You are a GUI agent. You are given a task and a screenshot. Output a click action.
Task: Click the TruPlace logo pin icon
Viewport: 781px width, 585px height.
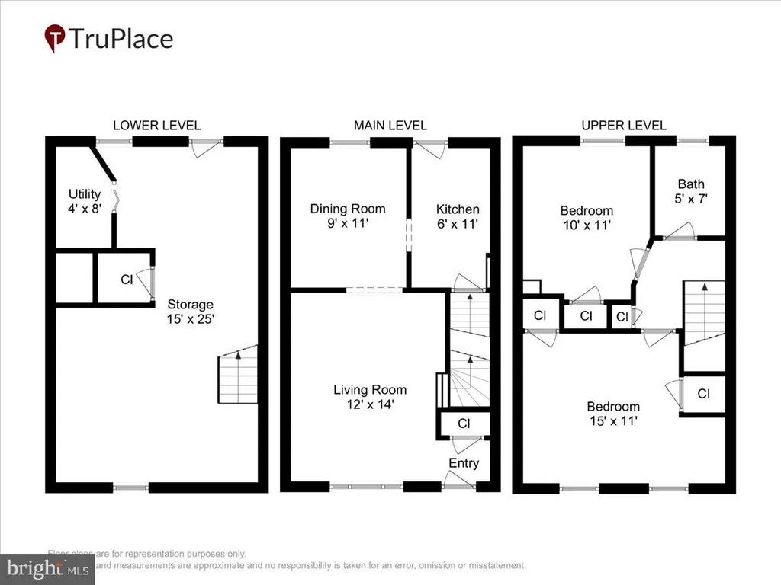(x=54, y=38)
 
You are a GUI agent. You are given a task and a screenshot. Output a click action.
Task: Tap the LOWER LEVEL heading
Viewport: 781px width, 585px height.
(x=156, y=126)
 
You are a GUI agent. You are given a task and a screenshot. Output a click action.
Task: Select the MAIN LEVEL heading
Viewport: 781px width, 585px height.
(x=390, y=126)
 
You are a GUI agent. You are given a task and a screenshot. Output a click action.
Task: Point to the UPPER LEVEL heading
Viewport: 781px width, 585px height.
(x=623, y=126)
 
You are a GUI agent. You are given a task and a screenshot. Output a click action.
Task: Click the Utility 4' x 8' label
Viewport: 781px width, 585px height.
(x=85, y=200)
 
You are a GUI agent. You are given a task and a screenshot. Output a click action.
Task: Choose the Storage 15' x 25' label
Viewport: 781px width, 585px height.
(x=191, y=312)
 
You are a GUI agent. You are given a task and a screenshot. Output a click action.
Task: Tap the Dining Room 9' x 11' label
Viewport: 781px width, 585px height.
(x=347, y=216)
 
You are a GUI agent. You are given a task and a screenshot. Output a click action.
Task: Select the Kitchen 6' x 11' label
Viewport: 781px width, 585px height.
(x=458, y=216)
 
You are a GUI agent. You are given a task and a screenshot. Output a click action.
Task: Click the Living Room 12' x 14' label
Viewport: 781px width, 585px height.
(x=370, y=397)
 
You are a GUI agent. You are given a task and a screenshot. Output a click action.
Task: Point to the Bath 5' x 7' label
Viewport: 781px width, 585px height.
(x=691, y=190)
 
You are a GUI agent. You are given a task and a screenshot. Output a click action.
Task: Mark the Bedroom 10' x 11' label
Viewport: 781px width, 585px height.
(x=587, y=218)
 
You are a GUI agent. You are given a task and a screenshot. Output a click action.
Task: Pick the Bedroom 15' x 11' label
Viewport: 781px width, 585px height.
(x=612, y=413)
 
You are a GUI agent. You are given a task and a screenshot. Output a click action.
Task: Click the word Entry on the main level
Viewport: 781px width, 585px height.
(x=464, y=463)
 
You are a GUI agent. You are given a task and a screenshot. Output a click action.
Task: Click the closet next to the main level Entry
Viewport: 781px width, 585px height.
(x=463, y=424)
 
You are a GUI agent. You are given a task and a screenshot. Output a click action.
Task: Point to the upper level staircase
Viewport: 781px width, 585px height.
(x=702, y=313)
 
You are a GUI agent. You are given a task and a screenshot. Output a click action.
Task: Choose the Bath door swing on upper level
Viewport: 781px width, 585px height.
(x=679, y=231)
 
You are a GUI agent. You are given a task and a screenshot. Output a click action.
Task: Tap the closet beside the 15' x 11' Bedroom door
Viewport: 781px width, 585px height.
(x=703, y=395)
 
